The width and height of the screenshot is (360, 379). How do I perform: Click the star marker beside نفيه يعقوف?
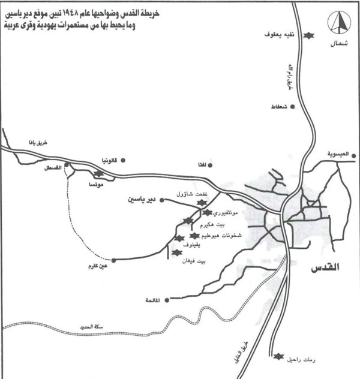point(310,36)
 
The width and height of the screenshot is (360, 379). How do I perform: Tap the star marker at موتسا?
point(98,174)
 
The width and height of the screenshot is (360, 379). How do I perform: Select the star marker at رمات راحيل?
point(277,358)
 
